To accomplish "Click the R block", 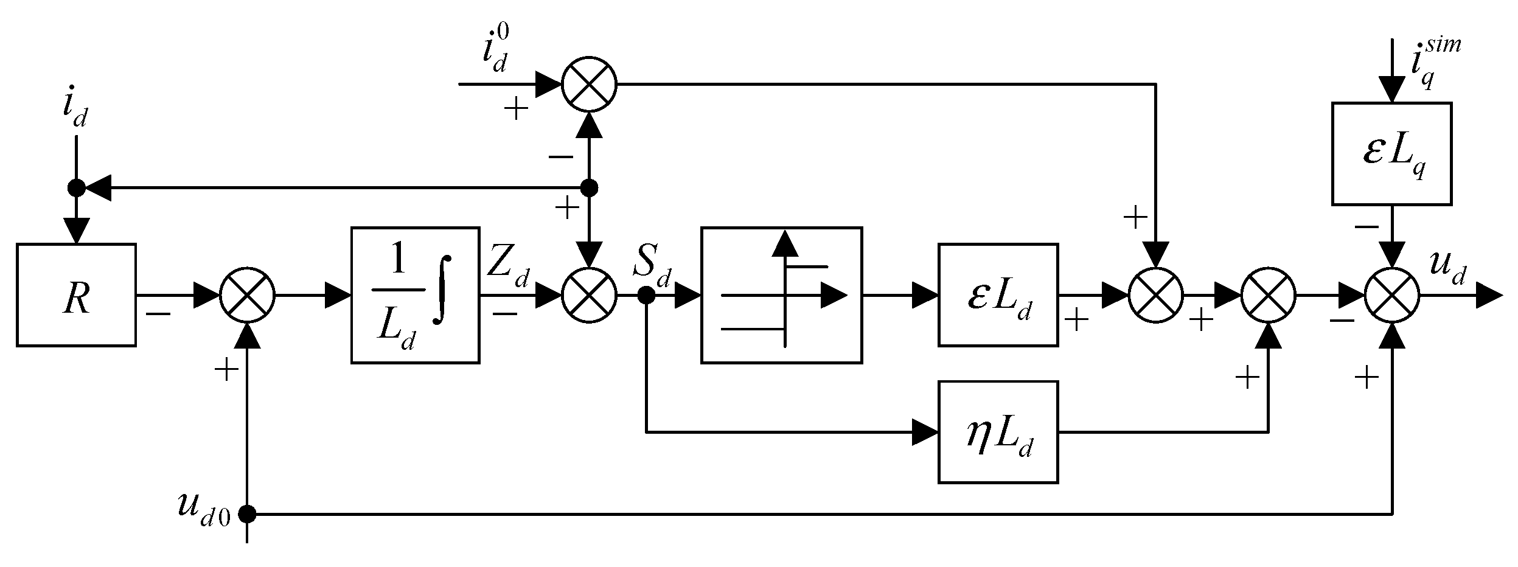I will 76,295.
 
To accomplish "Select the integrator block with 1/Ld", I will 415,295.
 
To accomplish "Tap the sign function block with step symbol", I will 781,295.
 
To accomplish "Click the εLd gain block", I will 998,295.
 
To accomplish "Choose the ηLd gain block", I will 998,432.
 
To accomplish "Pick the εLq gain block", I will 1391,153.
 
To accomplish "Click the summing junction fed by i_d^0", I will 588,84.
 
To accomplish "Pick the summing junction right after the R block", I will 247,295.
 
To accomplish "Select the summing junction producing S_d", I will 588,295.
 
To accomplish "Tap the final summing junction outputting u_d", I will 1392,295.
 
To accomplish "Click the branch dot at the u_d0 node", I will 247,514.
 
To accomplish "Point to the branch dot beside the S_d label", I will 646,296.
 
